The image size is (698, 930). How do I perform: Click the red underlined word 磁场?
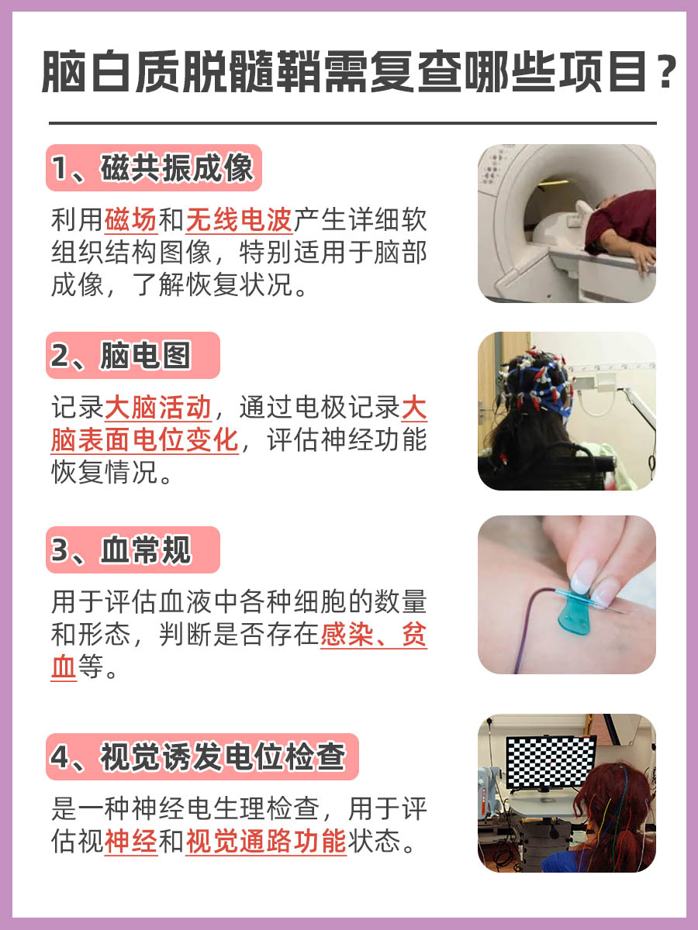(x=130, y=220)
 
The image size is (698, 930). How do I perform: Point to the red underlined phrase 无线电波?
(x=238, y=220)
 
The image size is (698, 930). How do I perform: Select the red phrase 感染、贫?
(x=373, y=635)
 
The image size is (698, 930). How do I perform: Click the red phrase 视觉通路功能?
(x=265, y=842)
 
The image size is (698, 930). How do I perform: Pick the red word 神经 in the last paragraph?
(x=130, y=842)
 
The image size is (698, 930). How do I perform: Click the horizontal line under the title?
(x=352, y=123)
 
